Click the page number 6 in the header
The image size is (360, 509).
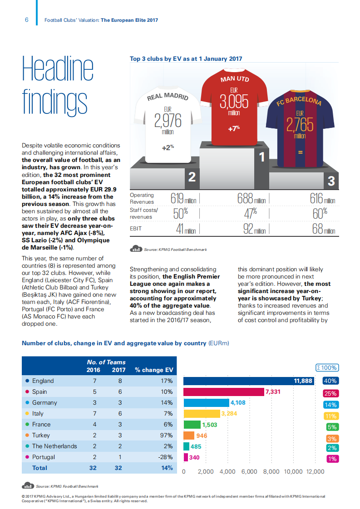27,20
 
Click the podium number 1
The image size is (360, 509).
261,157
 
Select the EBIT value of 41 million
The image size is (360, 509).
186,229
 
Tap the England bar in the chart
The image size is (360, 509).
248,381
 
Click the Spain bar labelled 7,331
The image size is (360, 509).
224,392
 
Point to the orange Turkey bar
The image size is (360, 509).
189,436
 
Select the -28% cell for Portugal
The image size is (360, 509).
165,457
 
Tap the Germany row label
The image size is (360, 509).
44,403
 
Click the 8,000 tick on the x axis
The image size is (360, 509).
271,471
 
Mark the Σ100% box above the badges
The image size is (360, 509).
327,368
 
